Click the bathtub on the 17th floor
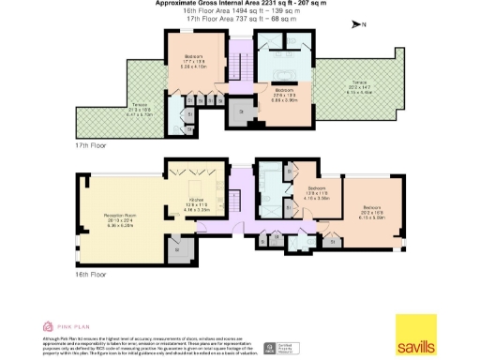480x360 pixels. (x=282, y=75)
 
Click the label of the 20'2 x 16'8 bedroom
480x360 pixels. (x=372, y=210)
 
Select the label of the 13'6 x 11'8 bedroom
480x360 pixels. (x=315, y=194)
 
